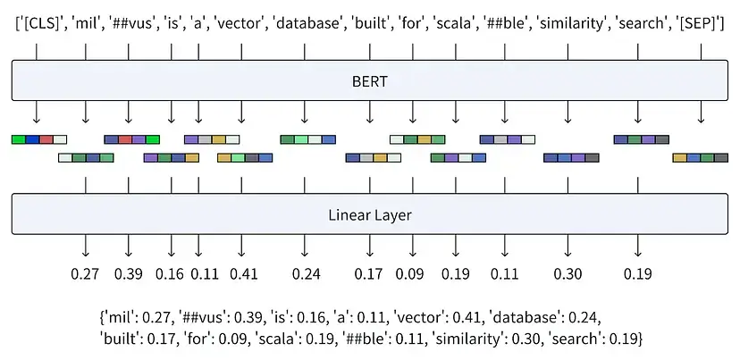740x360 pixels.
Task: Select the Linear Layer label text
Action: (369, 215)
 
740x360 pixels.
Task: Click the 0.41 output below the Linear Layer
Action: (244, 273)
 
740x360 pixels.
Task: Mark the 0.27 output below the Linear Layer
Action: (86, 273)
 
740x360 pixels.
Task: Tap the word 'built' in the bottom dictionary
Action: (120, 339)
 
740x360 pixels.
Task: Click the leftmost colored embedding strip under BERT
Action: (38, 139)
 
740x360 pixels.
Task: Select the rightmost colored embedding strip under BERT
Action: (699, 158)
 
